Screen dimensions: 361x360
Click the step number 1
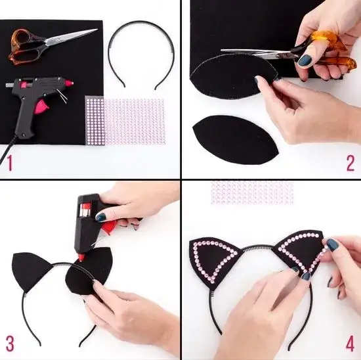pos(9,163)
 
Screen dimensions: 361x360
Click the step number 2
pos(350,163)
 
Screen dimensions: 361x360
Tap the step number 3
pos(10,344)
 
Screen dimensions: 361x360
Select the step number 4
pos(350,344)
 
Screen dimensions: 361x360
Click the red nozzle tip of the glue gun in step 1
pos(69,83)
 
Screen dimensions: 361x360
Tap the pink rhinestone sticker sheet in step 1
pos(125,121)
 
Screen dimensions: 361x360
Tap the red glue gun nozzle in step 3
pos(81,258)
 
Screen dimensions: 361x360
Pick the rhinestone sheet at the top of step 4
pos(252,192)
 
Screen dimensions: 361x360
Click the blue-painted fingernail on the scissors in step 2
pos(305,60)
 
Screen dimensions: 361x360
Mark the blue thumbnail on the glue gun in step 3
pos(100,217)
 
